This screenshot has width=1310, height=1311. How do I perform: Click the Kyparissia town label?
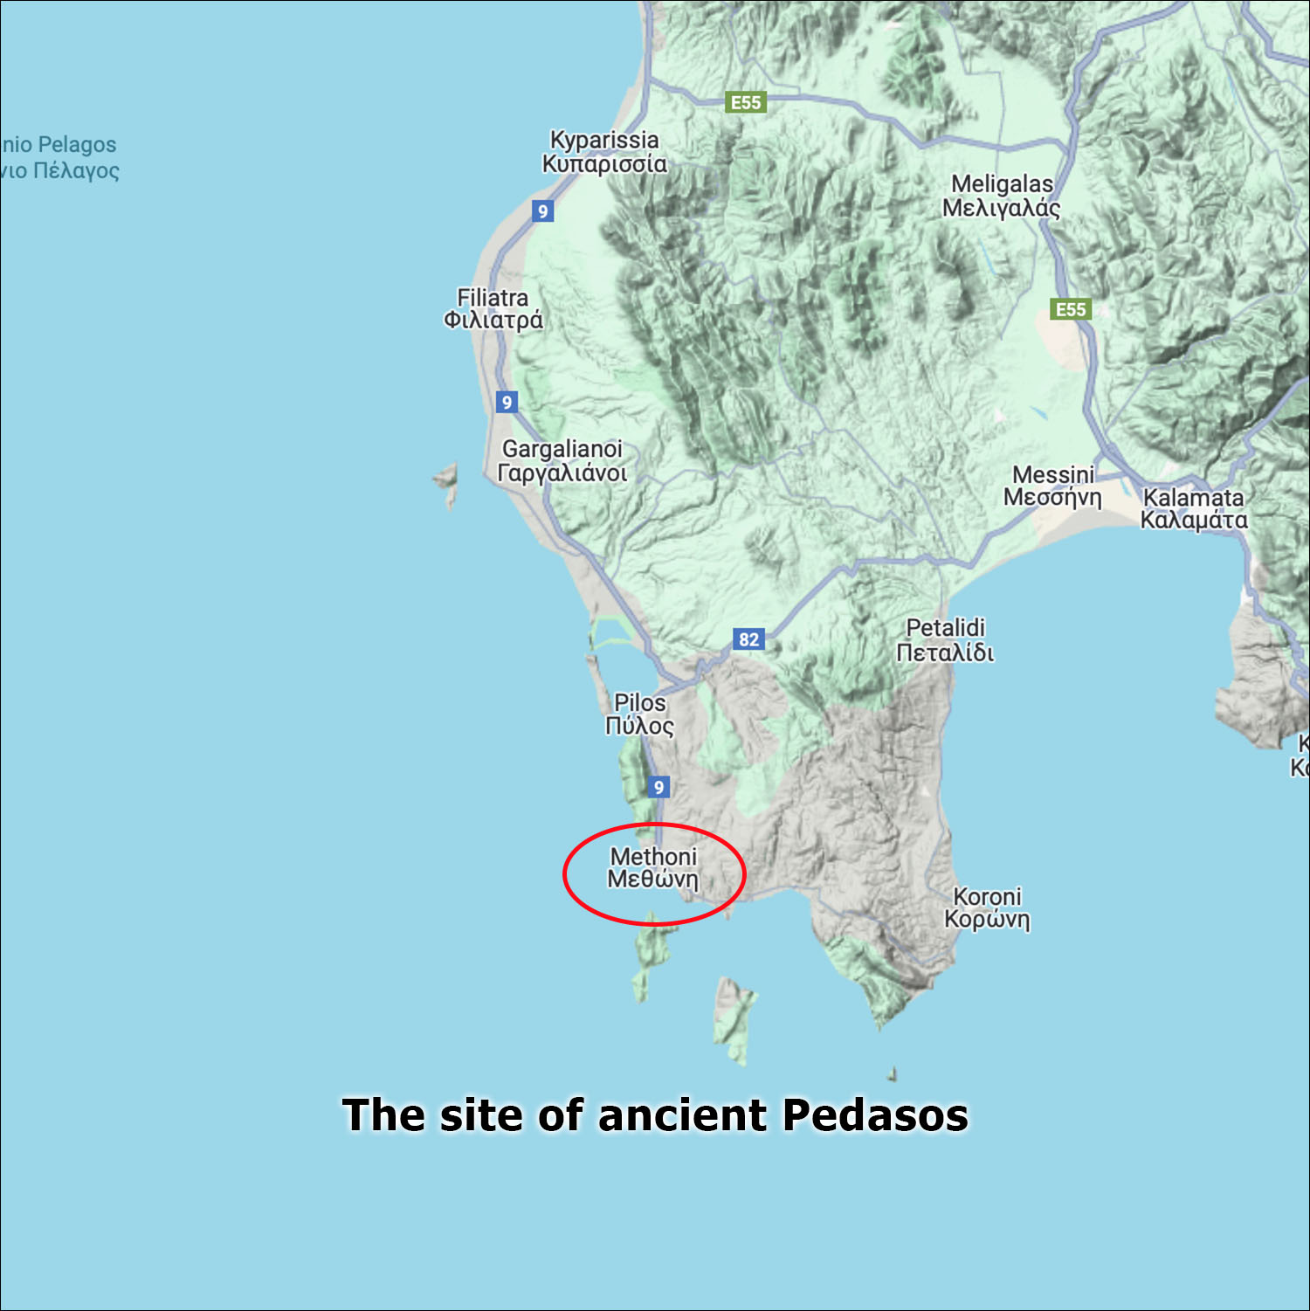pos(603,152)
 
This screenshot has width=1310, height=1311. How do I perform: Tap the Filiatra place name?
pos(493,309)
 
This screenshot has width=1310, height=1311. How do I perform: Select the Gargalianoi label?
pos(562,461)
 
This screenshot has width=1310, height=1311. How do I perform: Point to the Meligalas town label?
pos(1002,196)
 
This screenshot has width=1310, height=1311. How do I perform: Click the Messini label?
pos(1052,486)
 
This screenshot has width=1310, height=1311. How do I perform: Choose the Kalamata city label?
pos(1194,508)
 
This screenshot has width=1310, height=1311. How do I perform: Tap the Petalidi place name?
pos(945,639)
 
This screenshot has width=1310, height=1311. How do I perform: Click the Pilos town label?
pos(639,714)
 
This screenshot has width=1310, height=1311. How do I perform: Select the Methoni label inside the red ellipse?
pos(653,867)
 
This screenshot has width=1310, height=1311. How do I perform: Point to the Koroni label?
pos(987,907)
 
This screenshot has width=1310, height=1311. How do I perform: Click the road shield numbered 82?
pos(748,639)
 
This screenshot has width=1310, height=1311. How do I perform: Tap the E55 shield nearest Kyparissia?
pos(746,102)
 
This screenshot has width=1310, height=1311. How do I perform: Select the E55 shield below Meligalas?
pos(1071,309)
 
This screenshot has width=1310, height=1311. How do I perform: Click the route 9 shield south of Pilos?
pos(658,787)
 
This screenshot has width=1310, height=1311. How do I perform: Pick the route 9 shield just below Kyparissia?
pos(542,210)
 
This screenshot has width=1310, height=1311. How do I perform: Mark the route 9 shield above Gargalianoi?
pos(507,402)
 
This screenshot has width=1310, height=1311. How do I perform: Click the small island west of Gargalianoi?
pos(448,483)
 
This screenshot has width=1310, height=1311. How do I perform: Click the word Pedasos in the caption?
pos(875,1115)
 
